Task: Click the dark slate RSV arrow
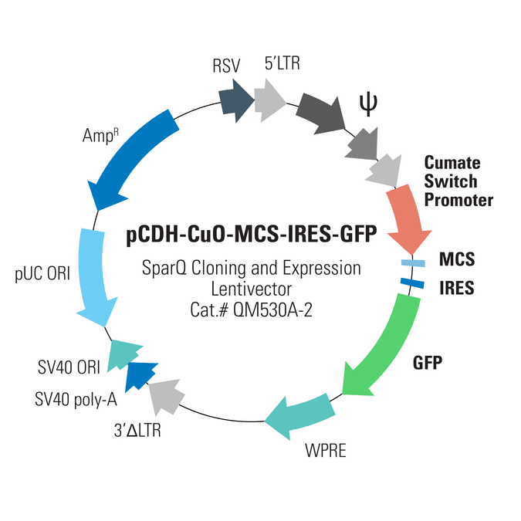[x=235, y=100]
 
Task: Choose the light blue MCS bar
[x=413, y=263]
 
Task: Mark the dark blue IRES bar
[x=412, y=283]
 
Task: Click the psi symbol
[x=368, y=105]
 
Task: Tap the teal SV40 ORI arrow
[x=123, y=354]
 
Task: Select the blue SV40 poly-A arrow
[x=140, y=376]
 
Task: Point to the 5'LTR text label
[x=282, y=63]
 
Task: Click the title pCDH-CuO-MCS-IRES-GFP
[x=252, y=234]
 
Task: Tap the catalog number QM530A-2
[x=272, y=310]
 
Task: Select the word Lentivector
[x=252, y=289]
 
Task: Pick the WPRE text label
[x=326, y=451]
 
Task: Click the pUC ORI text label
[x=42, y=274]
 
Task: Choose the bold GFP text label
[x=428, y=363]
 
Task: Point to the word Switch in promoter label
[x=451, y=181]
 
